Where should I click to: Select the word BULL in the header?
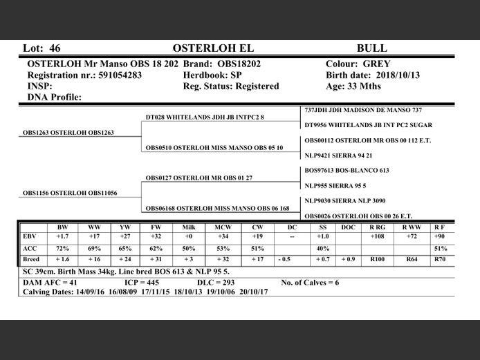[x=371, y=48]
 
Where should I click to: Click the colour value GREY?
[x=377, y=64]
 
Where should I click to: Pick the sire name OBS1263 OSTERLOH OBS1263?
[x=68, y=132]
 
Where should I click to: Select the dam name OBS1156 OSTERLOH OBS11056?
[x=70, y=193]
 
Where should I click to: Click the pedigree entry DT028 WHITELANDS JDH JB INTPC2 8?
[x=205, y=117]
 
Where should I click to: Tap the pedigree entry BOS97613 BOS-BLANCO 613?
[x=347, y=170]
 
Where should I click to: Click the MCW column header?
[x=223, y=227]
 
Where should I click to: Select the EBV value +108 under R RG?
[x=377, y=236]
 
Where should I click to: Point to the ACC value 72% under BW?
[x=62, y=247]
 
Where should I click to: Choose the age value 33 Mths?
[x=365, y=86]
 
